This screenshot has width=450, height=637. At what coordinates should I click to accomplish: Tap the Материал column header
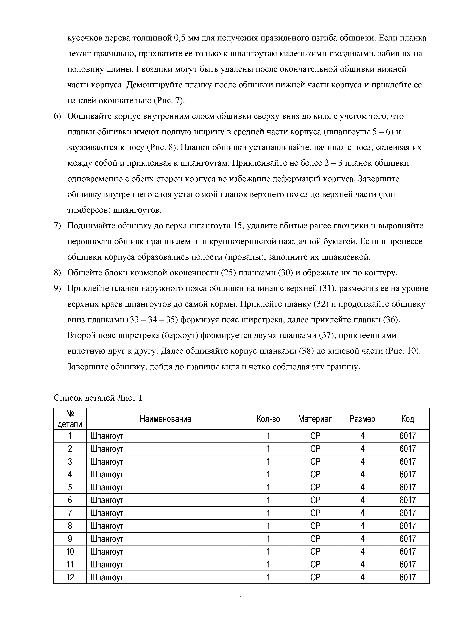(x=315, y=419)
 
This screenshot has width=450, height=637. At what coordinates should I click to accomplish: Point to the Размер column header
(x=362, y=419)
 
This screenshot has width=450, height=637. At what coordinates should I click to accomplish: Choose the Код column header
(x=407, y=419)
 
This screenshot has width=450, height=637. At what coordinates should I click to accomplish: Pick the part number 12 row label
(x=70, y=577)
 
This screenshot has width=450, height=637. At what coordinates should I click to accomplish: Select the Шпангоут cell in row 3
(x=107, y=462)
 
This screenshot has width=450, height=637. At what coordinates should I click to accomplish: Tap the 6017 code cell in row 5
(x=407, y=487)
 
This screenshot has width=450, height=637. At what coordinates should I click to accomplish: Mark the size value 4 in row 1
(x=362, y=436)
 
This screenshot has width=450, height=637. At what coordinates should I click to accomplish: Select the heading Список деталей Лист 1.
(x=99, y=398)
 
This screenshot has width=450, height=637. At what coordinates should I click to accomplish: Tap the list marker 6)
(x=57, y=116)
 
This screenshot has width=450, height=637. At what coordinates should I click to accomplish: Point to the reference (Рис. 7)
(x=169, y=100)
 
